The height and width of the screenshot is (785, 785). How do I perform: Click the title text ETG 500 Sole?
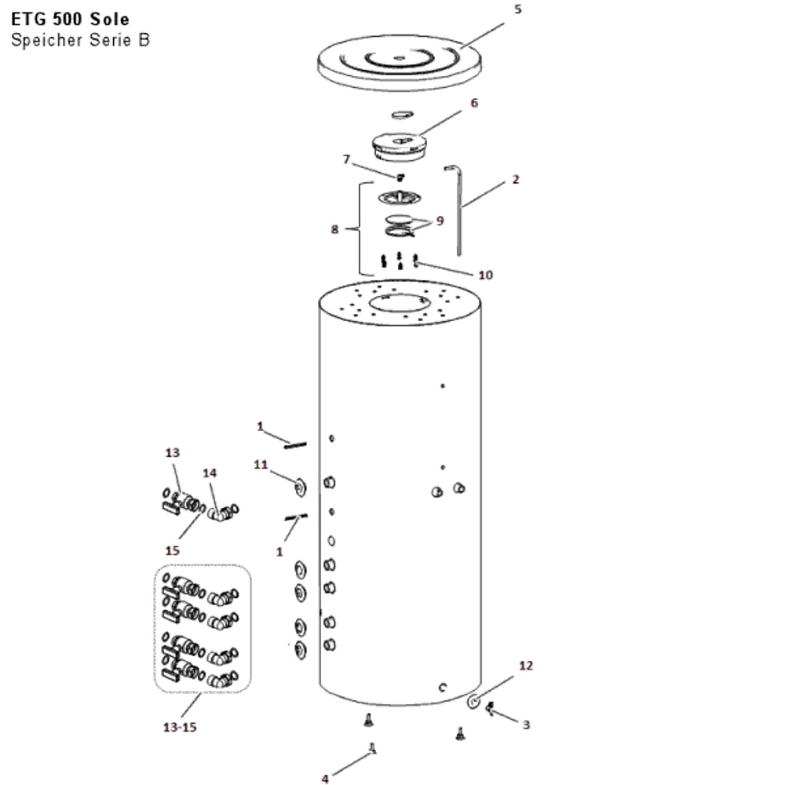coord(70,19)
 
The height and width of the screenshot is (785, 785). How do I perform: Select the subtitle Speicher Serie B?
coord(80,40)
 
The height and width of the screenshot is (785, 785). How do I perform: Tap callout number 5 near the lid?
coord(517,9)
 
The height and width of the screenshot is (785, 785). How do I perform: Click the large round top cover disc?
coord(399,63)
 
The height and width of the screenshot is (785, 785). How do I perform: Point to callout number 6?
coord(474,103)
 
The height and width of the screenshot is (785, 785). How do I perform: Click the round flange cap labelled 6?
coord(400,147)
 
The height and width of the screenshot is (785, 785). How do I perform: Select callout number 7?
coord(346,159)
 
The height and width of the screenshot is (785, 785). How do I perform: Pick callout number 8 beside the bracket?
coord(334,229)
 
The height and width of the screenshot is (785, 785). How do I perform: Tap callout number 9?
coord(440,221)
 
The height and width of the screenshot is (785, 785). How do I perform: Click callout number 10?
coord(486,275)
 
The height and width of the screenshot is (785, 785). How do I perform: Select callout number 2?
coord(516,179)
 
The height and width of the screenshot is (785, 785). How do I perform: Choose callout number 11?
coord(261,465)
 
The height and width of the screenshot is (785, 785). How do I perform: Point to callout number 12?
coord(526,666)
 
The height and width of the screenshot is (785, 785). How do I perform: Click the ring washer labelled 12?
coord(469,702)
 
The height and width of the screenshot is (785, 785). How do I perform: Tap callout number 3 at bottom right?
coord(526,725)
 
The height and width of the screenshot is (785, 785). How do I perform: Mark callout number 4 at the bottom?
coord(325,779)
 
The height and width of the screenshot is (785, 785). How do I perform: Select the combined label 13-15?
coord(180,728)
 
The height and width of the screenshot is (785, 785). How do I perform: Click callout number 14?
coord(210,473)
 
